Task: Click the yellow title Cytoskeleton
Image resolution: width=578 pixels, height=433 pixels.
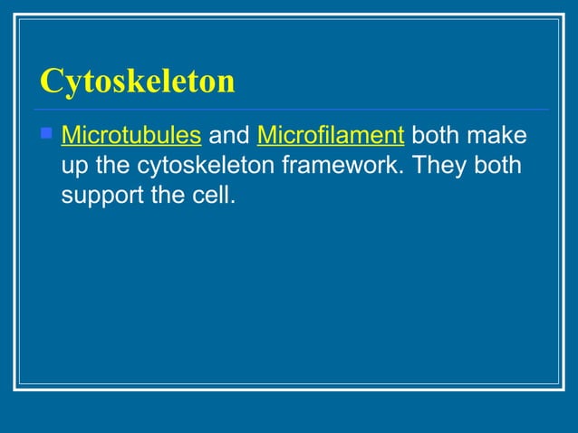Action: (x=137, y=82)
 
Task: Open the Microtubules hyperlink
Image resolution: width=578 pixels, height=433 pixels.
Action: (x=130, y=137)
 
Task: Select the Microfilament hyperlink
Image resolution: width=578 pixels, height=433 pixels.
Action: (x=330, y=137)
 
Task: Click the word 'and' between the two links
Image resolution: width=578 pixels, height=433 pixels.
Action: (x=228, y=137)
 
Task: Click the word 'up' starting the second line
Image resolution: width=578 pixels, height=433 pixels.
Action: (x=73, y=167)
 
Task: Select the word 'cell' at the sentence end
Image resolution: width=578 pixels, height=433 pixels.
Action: (x=212, y=195)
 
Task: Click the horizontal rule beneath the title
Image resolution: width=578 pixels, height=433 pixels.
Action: (x=290, y=110)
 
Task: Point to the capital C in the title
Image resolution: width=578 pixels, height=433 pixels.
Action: (x=51, y=82)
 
